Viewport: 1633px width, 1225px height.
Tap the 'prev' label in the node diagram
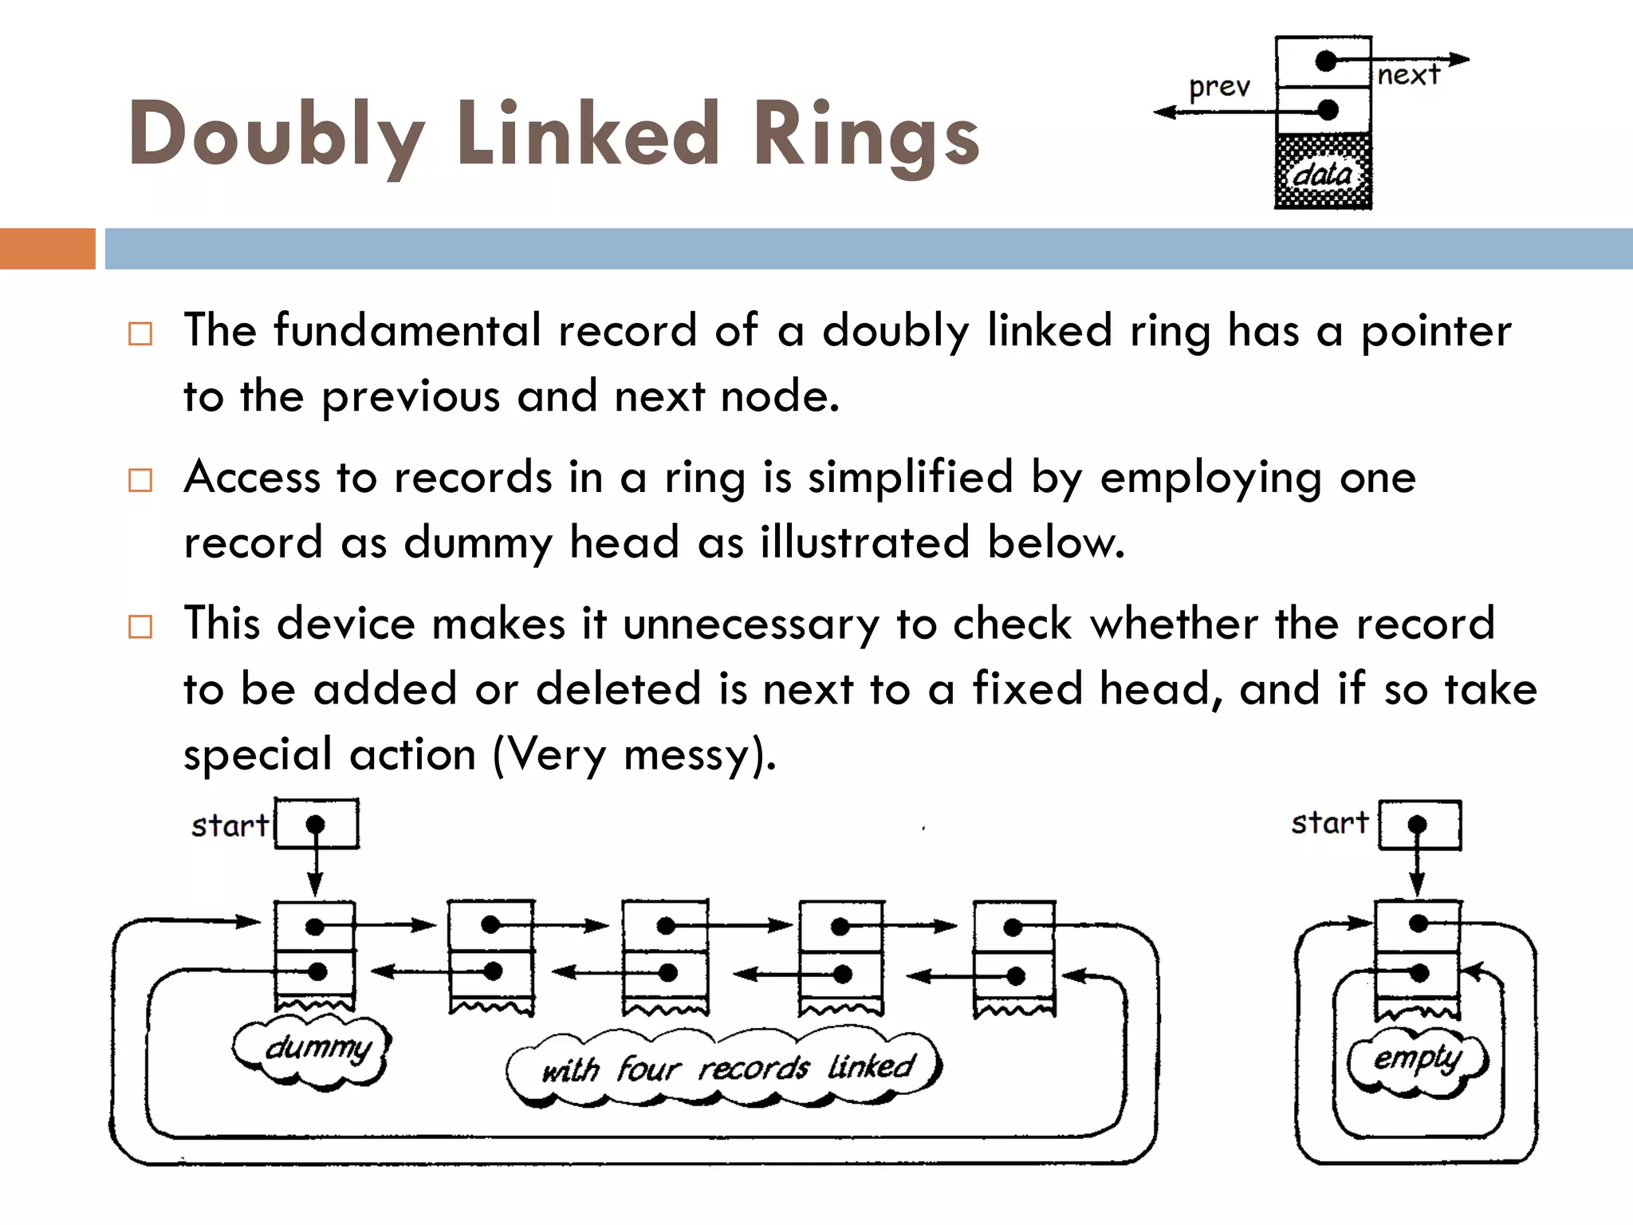tap(1219, 86)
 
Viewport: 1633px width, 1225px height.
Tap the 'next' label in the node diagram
tap(1408, 75)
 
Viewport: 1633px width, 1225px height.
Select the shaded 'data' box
tap(1323, 172)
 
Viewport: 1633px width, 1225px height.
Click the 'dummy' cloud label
tap(317, 1048)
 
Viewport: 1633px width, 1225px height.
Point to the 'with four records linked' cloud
tap(726, 1067)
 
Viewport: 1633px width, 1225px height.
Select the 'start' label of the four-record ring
tap(230, 825)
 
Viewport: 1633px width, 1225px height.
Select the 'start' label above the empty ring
tap(1329, 822)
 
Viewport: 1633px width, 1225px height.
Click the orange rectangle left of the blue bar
tap(47, 248)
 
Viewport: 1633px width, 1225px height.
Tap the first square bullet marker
tap(140, 333)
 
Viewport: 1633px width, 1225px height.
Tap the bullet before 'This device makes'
tap(140, 626)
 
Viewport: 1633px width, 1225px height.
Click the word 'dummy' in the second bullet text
tap(478, 542)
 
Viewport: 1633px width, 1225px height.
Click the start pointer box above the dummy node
tap(317, 824)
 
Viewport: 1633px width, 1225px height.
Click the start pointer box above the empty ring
tap(1420, 825)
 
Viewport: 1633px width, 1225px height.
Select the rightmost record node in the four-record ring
tap(1014, 957)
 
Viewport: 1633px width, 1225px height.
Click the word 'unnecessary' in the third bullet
tap(750, 624)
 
